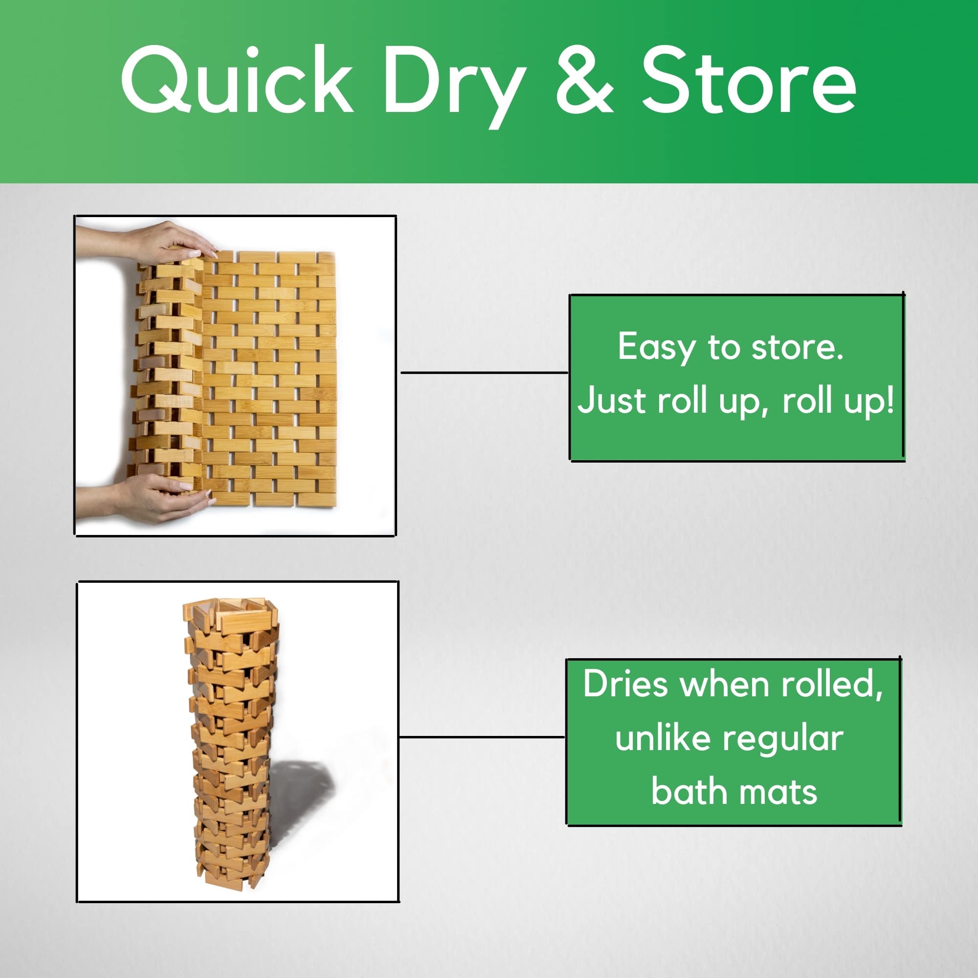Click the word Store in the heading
pos(749,81)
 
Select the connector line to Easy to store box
pos(485,373)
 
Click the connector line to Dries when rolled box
pos(482,736)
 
